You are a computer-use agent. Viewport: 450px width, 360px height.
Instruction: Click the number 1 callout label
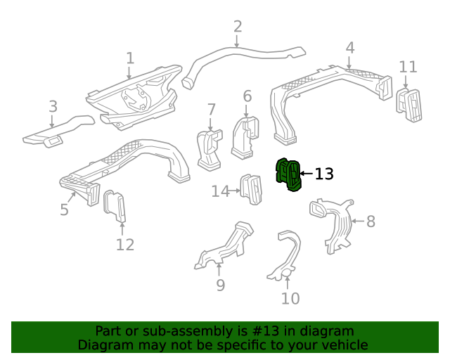point(130,58)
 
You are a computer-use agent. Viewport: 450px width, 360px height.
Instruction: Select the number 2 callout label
point(238,27)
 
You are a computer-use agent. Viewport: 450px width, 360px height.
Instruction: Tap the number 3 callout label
point(53,107)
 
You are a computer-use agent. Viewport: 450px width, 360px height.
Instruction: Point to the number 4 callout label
point(350,48)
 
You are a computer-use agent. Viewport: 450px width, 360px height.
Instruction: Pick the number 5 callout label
point(64,210)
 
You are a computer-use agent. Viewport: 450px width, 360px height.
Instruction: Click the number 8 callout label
point(371,221)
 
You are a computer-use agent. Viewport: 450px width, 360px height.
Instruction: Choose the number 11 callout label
point(408,67)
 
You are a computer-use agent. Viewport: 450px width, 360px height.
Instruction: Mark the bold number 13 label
point(324,174)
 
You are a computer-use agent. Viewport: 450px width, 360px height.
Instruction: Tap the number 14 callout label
point(221,191)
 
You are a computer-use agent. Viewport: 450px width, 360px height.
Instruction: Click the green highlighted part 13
point(289,174)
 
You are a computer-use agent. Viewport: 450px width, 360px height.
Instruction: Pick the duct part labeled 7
point(209,149)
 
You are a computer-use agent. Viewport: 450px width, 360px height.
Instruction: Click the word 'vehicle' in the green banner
point(342,345)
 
